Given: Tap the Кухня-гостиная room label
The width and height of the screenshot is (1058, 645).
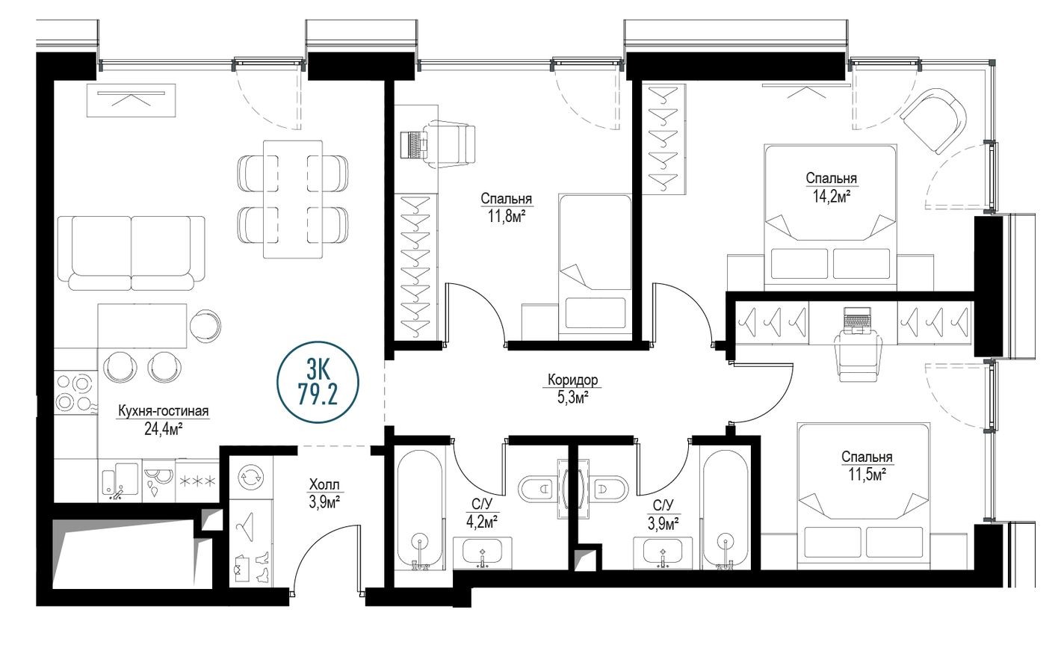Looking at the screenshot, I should (162, 411).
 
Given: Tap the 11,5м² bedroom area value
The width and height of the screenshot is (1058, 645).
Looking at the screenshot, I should (867, 474).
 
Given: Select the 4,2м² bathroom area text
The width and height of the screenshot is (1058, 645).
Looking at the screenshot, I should (481, 521).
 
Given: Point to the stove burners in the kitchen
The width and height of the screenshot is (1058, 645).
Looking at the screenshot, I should (75, 392).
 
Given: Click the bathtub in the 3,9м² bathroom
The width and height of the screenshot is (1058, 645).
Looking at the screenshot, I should (724, 508).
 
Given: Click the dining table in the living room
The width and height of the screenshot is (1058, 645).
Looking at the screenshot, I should (292, 198).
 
